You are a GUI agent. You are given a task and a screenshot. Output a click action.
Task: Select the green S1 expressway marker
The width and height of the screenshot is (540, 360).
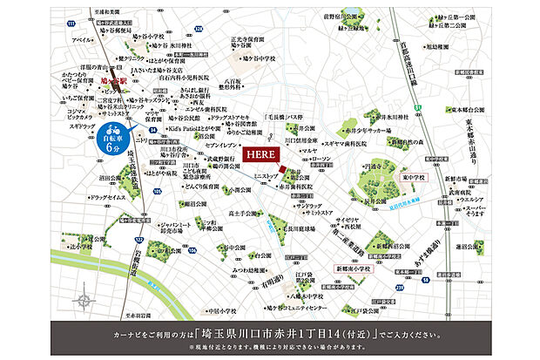(x=417, y=107)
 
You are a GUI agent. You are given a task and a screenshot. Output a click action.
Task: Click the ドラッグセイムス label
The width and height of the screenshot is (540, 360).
(x=82, y=199)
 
